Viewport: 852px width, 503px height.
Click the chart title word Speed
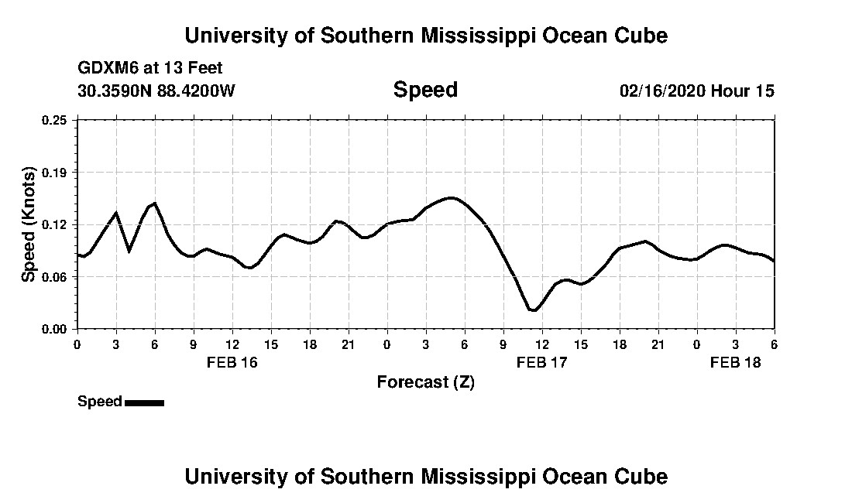click(x=425, y=90)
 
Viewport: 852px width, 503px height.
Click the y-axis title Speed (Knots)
click(x=29, y=224)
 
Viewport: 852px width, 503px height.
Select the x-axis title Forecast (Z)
click(x=425, y=382)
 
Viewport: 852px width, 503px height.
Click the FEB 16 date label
click(x=232, y=362)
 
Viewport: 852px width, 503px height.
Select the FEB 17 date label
click(x=541, y=362)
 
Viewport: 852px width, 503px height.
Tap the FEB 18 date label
click(x=736, y=362)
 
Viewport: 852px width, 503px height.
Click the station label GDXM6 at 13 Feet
click(x=150, y=68)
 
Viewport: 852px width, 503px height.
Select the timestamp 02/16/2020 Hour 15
click(x=696, y=91)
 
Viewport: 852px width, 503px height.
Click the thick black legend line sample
click(x=144, y=402)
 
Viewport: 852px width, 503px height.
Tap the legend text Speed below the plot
click(x=100, y=402)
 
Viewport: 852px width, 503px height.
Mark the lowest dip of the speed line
click(x=532, y=310)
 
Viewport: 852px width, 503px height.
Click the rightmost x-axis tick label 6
click(x=774, y=344)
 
